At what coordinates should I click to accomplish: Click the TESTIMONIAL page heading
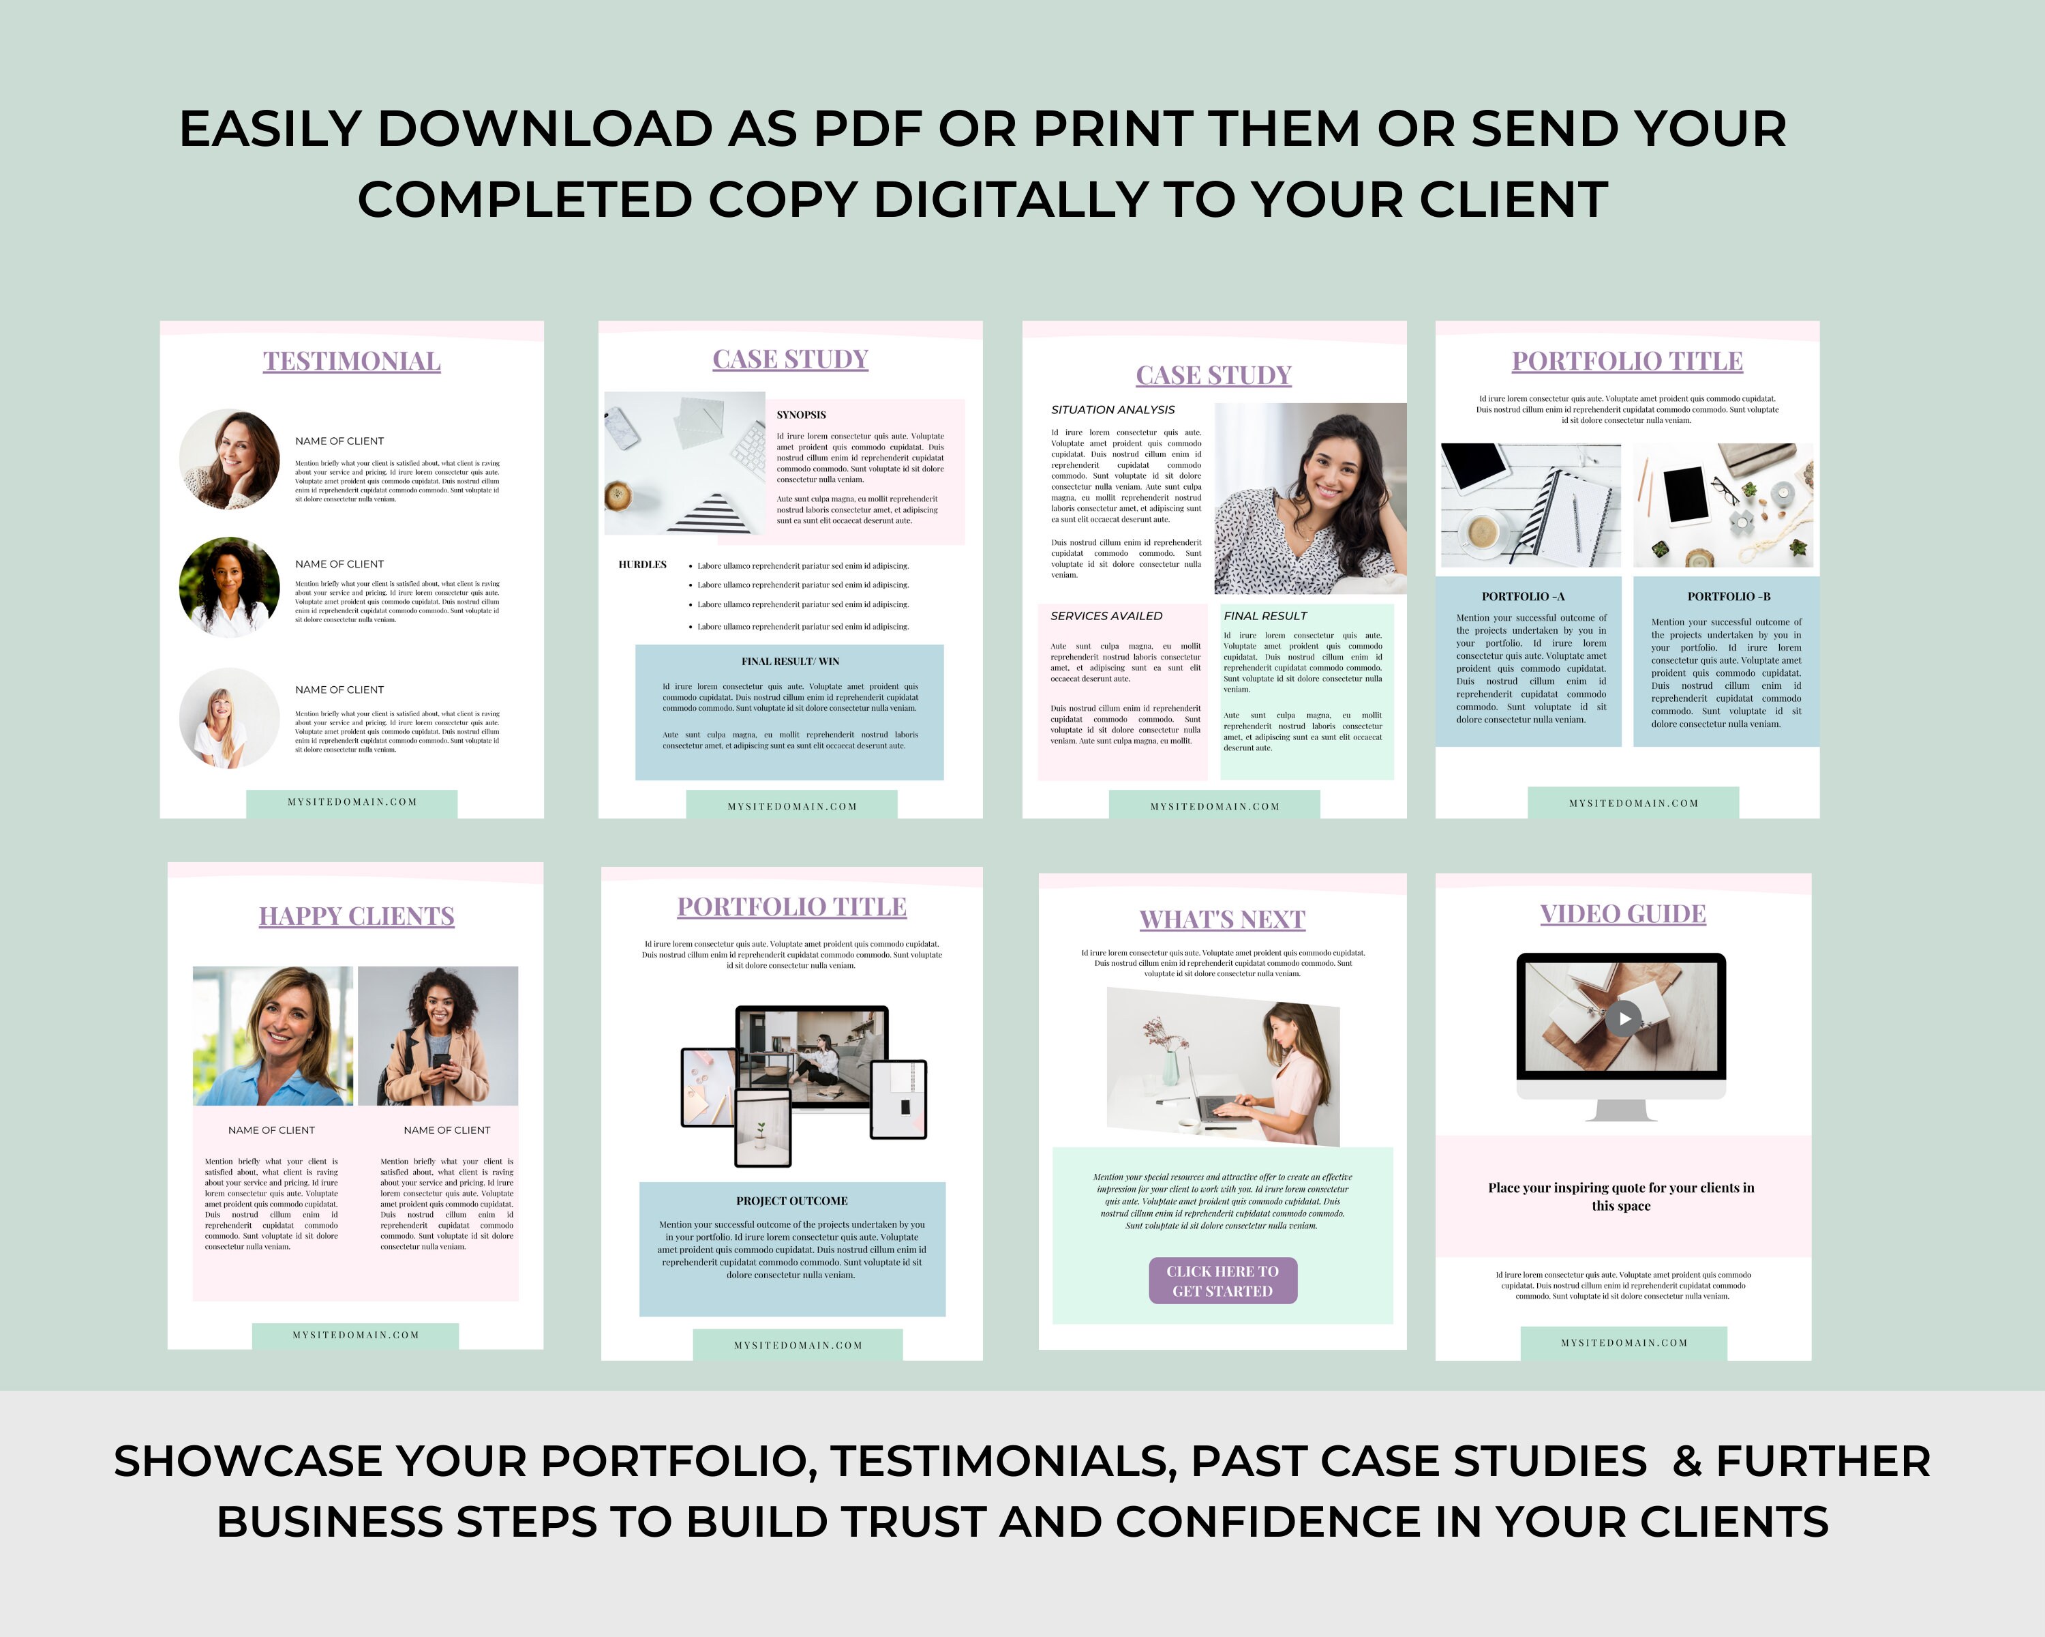(x=351, y=362)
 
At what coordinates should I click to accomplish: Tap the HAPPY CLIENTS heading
(x=357, y=916)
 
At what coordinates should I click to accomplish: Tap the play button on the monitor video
(x=1624, y=1018)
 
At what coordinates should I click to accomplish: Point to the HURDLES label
(x=642, y=565)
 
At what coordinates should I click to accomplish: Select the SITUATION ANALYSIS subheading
(x=1112, y=410)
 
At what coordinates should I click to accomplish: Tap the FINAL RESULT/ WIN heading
(x=789, y=662)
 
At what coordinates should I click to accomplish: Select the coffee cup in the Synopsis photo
(x=618, y=495)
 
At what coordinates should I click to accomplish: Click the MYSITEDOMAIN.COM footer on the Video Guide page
(x=1623, y=1343)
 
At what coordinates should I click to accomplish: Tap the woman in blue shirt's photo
(x=273, y=1035)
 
